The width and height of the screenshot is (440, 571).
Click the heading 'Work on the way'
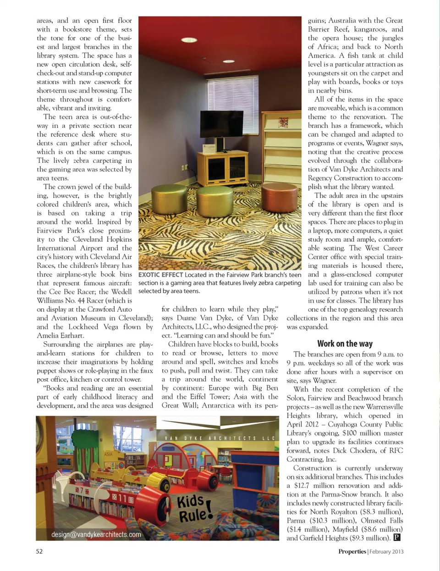click(x=345, y=344)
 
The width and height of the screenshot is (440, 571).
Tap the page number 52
click(x=39, y=551)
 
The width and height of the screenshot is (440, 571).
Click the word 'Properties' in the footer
click(x=352, y=551)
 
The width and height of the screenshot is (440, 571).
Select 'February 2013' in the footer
click(x=386, y=551)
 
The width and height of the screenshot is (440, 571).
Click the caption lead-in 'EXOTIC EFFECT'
click(x=160, y=275)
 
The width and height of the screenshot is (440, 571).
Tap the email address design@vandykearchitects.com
click(x=96, y=534)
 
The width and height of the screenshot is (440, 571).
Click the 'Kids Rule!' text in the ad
click(x=195, y=508)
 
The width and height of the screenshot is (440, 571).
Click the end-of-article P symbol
click(x=397, y=538)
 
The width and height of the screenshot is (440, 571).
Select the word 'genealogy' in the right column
click(x=368, y=309)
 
